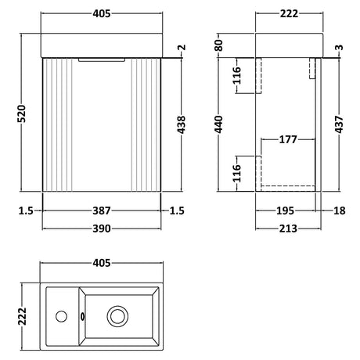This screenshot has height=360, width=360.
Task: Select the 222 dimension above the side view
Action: tap(290, 14)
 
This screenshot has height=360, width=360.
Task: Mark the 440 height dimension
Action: tap(220, 124)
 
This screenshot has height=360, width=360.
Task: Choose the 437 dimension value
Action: tap(339, 124)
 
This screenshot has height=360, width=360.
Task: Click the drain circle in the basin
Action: tap(118, 317)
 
